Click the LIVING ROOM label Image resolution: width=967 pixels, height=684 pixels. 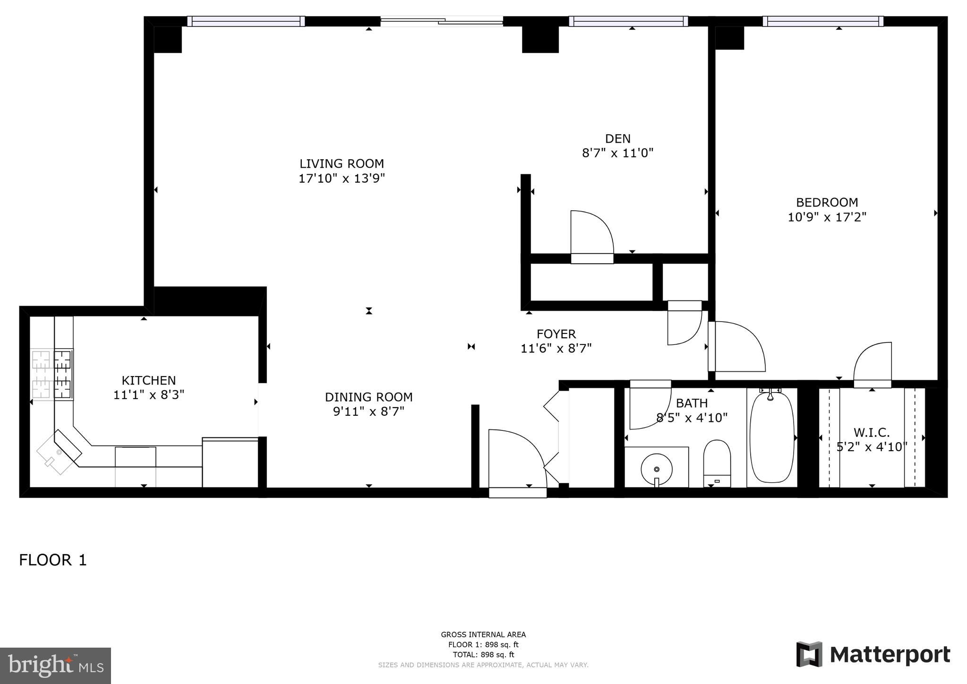point(342,163)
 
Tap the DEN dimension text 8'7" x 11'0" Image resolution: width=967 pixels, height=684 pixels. point(617,153)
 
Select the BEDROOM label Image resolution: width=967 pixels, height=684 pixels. point(827,202)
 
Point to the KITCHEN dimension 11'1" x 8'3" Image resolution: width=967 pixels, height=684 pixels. point(148,395)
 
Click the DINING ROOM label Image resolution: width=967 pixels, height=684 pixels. point(368,397)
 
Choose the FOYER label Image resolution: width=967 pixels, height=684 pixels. point(556,334)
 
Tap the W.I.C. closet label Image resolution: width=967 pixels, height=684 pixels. point(872,432)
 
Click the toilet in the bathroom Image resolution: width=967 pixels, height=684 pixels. point(717,463)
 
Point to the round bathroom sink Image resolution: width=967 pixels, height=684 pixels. point(657,469)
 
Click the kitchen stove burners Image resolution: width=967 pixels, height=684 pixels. point(52,375)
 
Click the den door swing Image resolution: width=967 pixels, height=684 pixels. point(591,234)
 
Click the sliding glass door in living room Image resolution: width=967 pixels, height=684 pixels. point(442,21)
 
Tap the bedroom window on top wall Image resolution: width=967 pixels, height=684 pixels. point(822,21)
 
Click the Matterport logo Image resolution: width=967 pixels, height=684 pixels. point(873,655)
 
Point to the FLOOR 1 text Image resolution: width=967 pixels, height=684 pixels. point(53,560)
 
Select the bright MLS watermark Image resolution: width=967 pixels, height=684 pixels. point(55,666)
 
